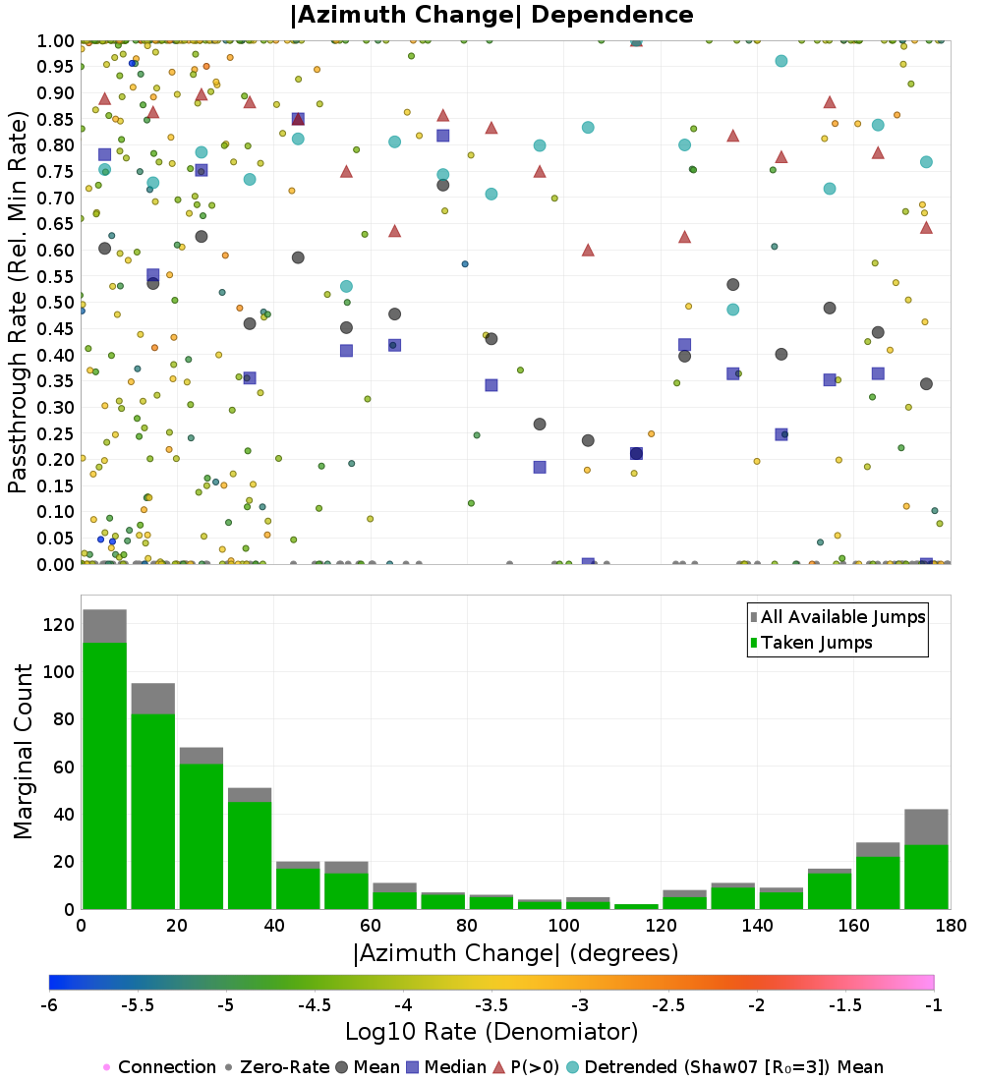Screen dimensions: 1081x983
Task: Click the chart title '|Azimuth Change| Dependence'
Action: (x=491, y=16)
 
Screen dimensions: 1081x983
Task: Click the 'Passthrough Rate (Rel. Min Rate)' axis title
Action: (x=18, y=302)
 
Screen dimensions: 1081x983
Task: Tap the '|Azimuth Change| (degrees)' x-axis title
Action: (x=515, y=952)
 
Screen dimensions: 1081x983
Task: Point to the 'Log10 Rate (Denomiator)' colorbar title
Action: (x=491, y=1032)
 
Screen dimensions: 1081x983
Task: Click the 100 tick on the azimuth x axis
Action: (x=563, y=926)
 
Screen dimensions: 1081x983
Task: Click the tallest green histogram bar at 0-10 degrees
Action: (x=104, y=776)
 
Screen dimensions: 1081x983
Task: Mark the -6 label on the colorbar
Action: (x=49, y=1005)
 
